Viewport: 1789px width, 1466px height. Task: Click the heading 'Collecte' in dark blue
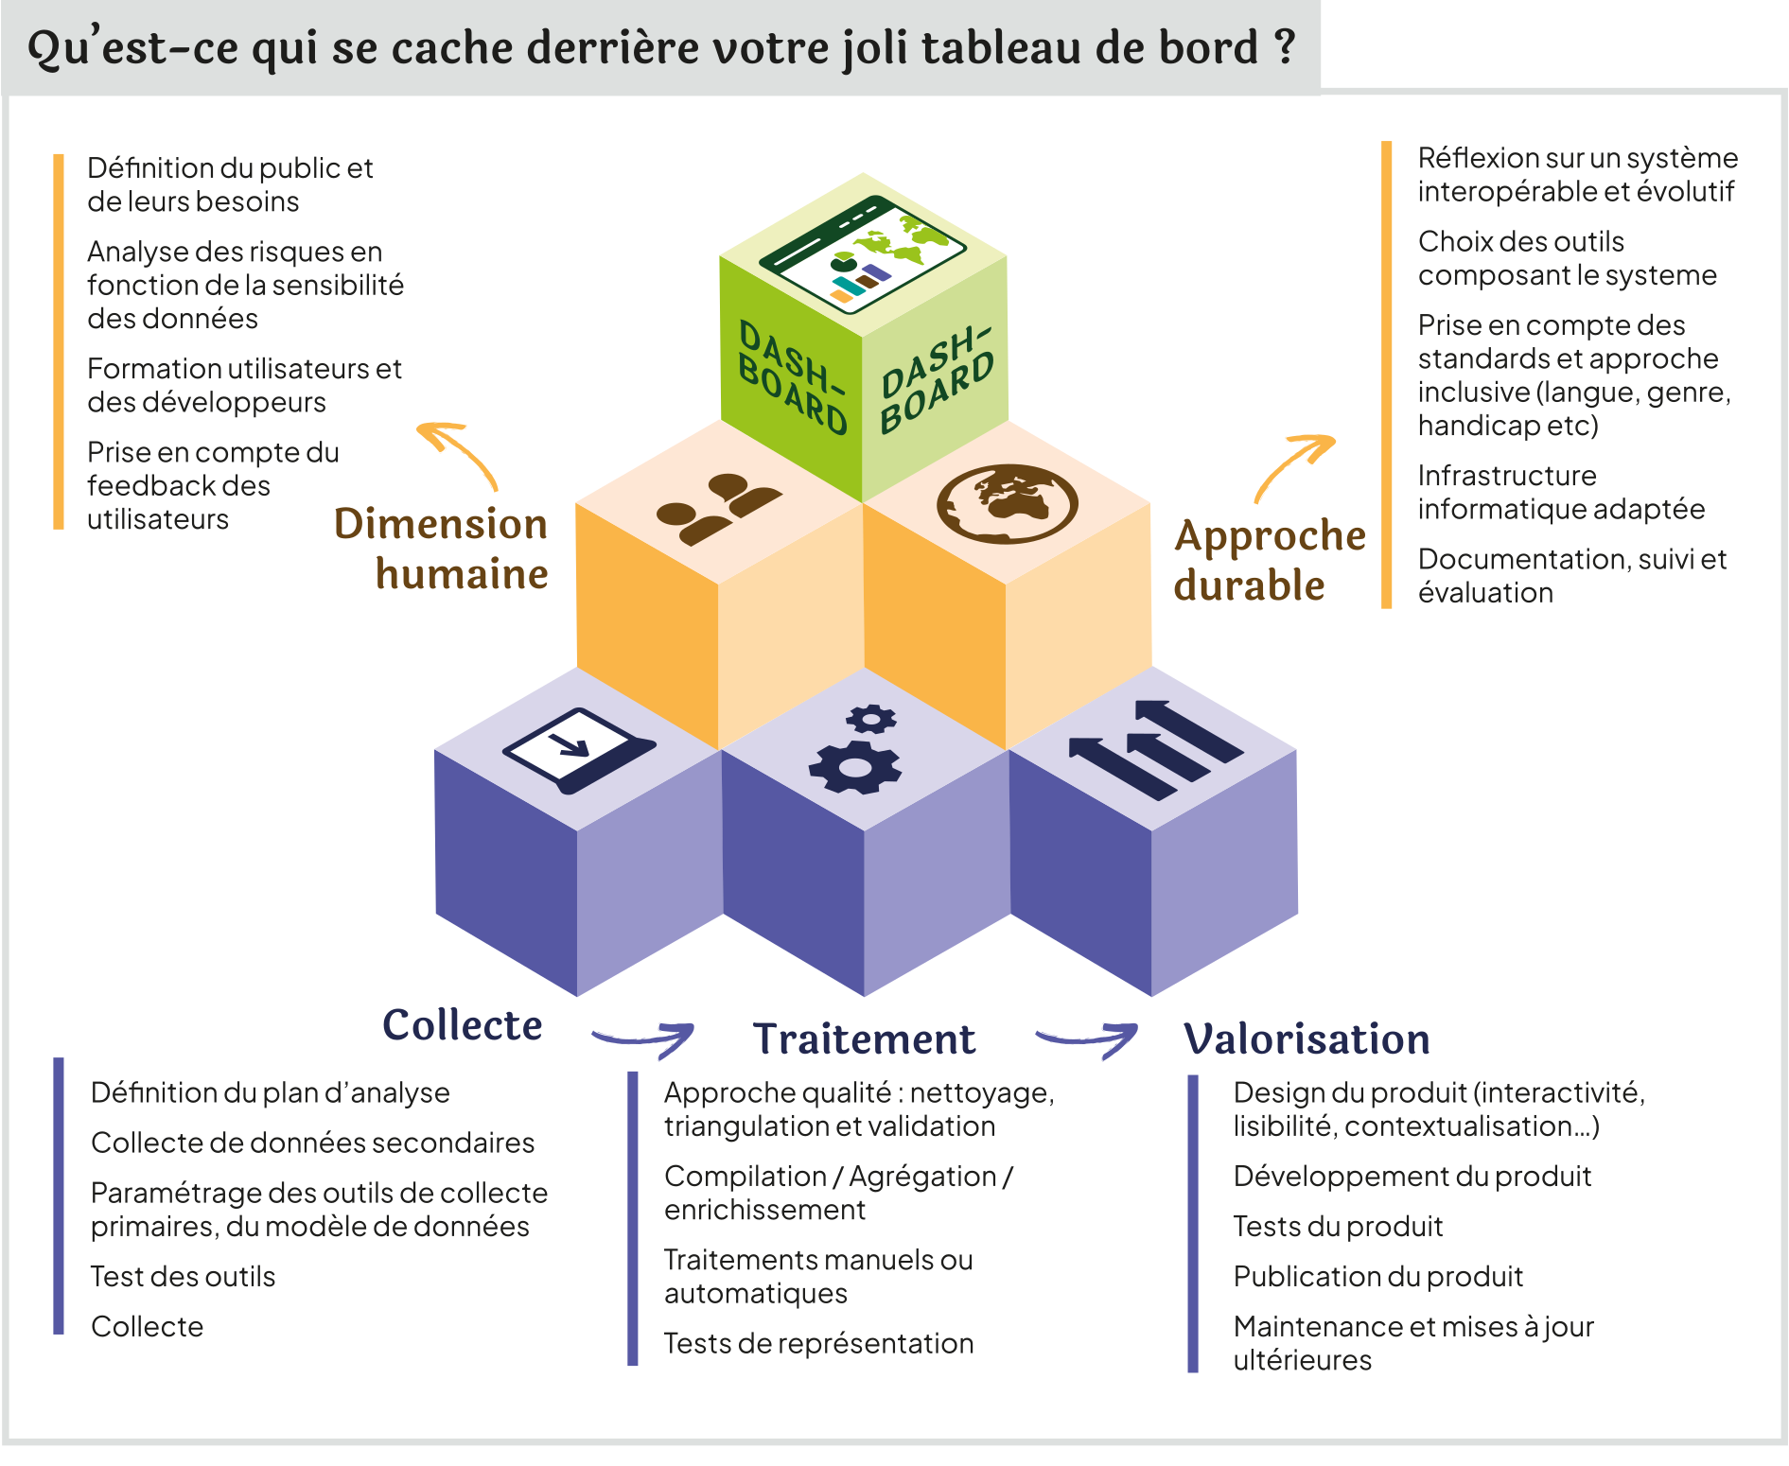point(462,1025)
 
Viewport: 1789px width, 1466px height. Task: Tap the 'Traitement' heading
point(864,1039)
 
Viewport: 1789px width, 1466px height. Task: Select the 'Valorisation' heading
point(1306,1039)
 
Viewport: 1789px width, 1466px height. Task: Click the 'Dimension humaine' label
point(442,549)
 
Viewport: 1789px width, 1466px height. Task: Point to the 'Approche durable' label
point(1268,560)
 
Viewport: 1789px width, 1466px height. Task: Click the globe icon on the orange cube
point(1007,503)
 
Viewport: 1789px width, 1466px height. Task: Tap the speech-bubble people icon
point(719,508)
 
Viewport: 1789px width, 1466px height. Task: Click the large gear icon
point(854,765)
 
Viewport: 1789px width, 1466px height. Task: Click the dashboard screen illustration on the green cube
point(862,253)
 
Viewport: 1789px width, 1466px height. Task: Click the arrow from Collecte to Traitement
point(644,1038)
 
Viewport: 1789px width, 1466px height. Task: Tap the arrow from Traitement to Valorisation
point(1087,1038)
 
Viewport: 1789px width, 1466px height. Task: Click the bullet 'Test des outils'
point(183,1277)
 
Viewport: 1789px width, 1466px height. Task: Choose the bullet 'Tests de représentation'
point(818,1343)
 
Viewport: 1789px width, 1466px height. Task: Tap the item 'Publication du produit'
point(1377,1277)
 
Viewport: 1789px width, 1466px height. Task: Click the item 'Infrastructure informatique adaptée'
point(1560,492)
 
